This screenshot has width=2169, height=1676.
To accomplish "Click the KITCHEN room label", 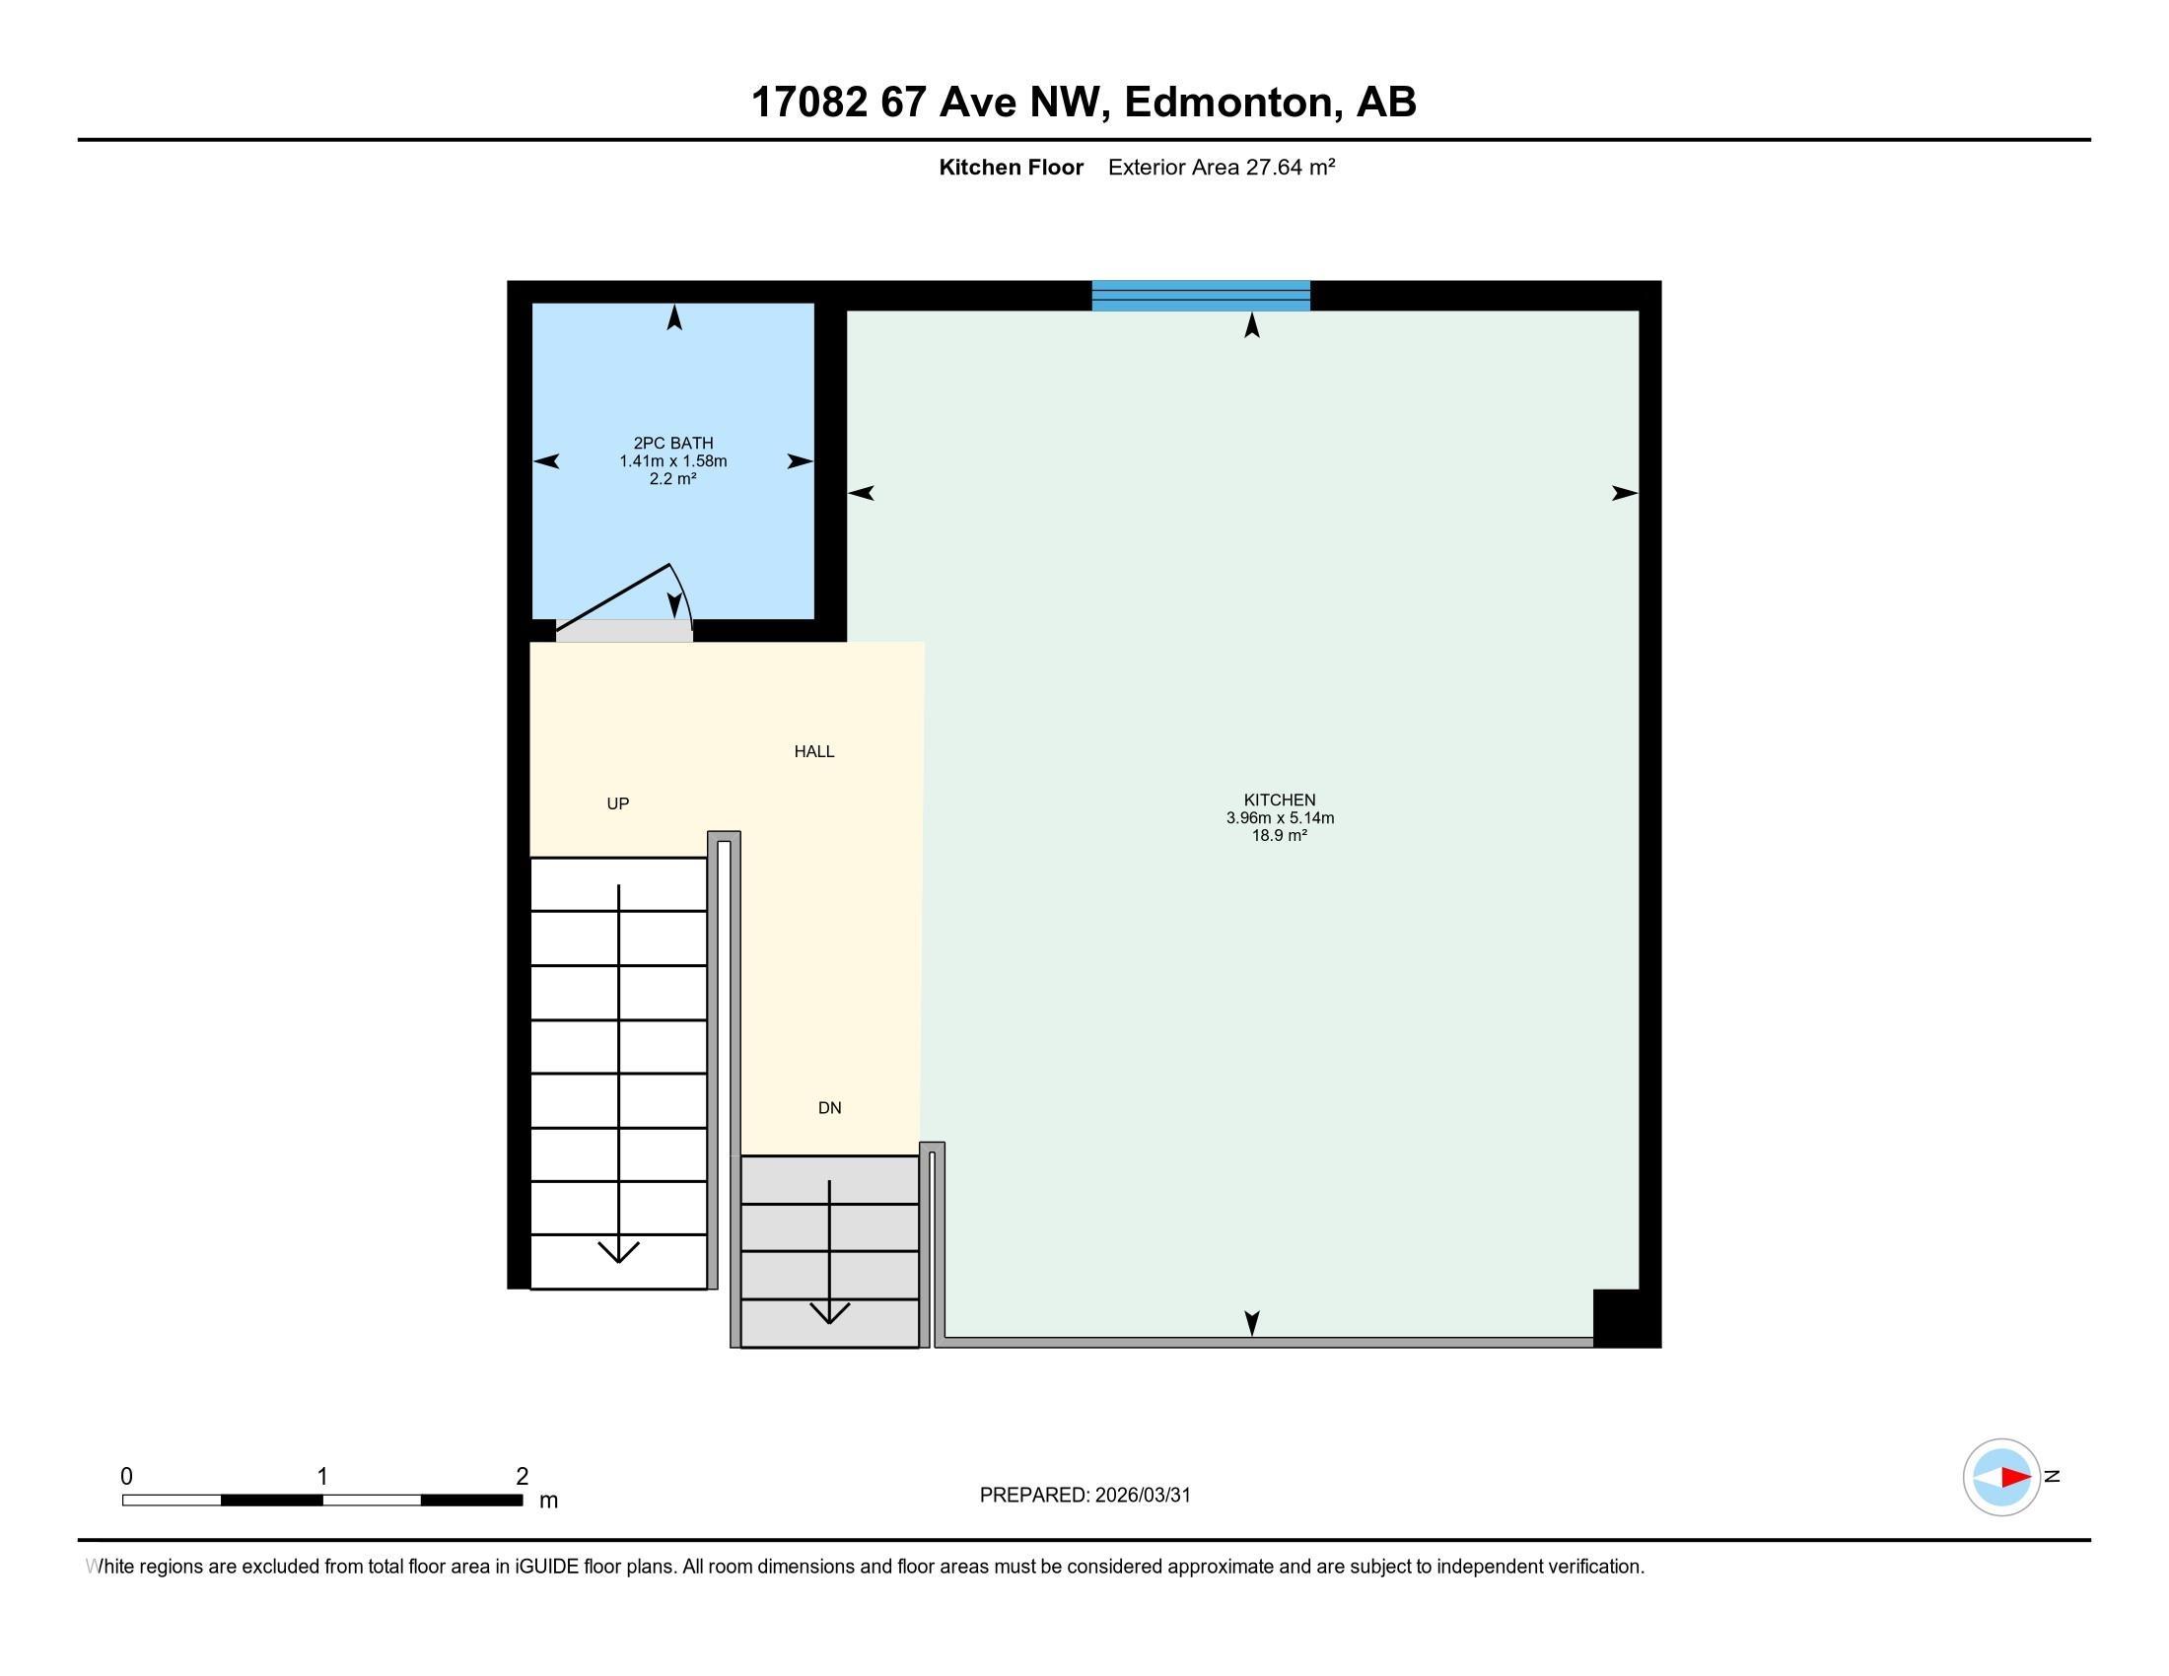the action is pos(1279,800).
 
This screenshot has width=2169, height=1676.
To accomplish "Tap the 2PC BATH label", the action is pos(673,443).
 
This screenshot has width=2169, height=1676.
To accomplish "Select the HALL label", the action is pos(814,751).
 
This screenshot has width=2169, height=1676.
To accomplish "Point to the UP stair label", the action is pos(618,803).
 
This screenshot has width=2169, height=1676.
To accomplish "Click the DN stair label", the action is pos(829,1108).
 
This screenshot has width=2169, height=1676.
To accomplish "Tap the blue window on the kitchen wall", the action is pos(1201,296).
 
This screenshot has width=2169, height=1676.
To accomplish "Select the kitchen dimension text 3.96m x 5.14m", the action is pos(1279,818).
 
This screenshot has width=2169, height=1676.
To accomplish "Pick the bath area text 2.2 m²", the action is pos(672,478).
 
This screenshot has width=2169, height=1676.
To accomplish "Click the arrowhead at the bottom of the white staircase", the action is pos(619,1252).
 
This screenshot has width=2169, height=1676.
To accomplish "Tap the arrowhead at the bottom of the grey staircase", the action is pos(829,1312).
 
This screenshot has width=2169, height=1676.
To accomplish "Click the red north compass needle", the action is pos(2015,1477).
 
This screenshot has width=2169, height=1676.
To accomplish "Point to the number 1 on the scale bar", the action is pos(321,1477).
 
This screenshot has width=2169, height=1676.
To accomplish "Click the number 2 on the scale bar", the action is pos(522,1477).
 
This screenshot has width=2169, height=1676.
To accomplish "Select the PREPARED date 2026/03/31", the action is pos(1142,1496).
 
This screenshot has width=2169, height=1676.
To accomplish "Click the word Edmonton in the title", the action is pos(1228,103).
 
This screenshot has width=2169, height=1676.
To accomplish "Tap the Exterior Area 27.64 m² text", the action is pos(1222,167).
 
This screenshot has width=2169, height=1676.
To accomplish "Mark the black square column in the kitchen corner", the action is pos(1627,1317).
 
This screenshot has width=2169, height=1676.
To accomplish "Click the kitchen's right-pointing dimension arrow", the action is pos(1624,493).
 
